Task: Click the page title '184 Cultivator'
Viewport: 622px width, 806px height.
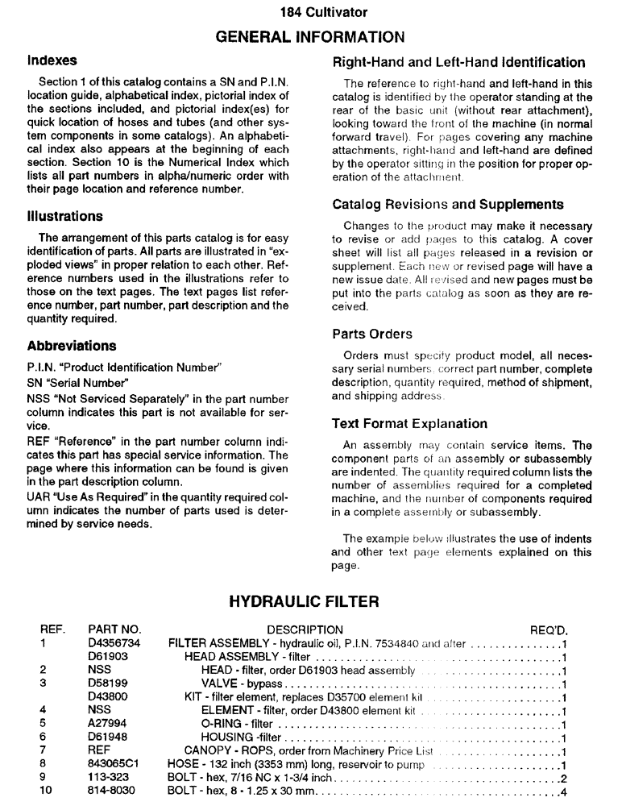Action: [311, 12]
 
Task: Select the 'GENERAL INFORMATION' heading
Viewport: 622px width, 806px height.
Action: [311, 36]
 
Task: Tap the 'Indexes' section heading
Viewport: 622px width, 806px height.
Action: [52, 60]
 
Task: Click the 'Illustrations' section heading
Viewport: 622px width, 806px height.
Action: [65, 216]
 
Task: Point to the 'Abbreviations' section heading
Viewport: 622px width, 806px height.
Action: [72, 346]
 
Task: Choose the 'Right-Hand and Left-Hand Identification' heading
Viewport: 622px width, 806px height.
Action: [458, 62]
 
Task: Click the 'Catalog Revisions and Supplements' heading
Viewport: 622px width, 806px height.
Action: [447, 205]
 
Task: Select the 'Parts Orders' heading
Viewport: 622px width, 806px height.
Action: [371, 334]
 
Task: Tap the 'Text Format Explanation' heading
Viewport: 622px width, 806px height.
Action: [409, 423]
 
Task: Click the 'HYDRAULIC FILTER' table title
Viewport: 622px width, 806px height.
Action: [311, 602]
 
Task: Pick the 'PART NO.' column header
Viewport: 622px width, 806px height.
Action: [114, 629]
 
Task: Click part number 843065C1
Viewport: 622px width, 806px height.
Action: [114, 765]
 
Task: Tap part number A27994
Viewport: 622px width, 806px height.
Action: [106, 725]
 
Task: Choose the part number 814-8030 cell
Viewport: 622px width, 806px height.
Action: [111, 791]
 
